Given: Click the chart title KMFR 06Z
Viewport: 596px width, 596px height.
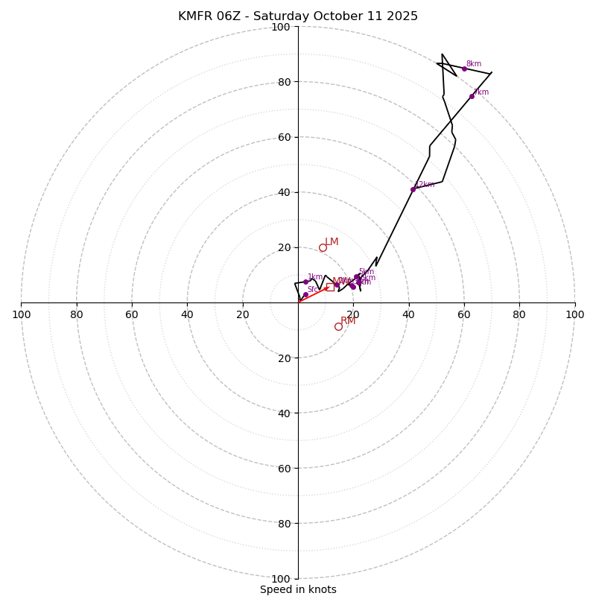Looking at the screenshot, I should pos(297,16).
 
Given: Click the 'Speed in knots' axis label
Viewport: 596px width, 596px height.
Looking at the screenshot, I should pos(298,589).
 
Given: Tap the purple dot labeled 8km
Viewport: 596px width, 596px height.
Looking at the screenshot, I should pos(464,69).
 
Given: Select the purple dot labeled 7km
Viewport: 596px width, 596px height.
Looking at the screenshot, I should pos(472,96).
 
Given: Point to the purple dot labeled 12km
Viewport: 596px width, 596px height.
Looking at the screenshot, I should pos(413,189).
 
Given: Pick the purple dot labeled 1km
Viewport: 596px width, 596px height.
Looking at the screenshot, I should pos(305,282).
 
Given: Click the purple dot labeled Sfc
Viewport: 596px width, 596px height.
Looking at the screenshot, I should pos(305,295).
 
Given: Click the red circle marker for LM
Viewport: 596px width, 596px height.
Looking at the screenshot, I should pos(323,248).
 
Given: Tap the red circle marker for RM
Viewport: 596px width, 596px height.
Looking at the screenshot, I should pos(338,326).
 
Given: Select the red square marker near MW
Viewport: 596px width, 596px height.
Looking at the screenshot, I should pos(329,287).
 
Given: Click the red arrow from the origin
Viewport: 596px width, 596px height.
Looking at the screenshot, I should pos(313,294).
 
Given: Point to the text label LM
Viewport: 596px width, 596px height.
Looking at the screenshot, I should pos(332,242).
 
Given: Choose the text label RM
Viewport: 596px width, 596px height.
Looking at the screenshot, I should pos(348,320).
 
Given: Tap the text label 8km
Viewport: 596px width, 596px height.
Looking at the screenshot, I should pos(474,64).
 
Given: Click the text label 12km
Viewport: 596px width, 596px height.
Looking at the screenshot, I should pos(425,185).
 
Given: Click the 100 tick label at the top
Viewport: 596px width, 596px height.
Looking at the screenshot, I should pos(281,27).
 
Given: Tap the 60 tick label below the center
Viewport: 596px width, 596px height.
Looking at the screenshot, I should pos(281,468).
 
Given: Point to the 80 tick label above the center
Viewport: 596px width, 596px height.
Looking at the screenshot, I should pos(281,82).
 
